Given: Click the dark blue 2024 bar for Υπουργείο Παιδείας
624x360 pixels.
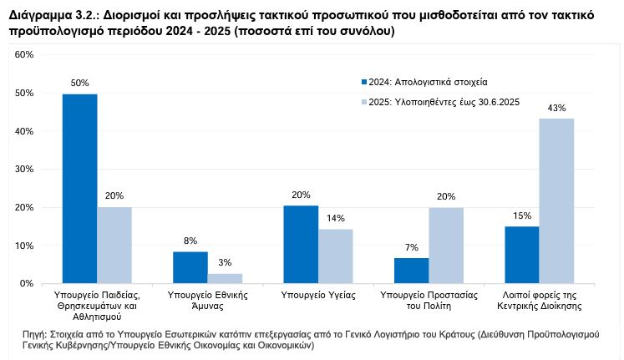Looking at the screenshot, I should pyautogui.click(x=79, y=189).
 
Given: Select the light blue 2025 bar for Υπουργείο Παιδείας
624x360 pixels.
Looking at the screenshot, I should pyautogui.click(x=114, y=246).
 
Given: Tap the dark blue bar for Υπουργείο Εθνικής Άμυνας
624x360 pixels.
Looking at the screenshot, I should pyautogui.click(x=190, y=267).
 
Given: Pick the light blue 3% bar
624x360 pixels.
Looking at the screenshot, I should pyautogui.click(x=225, y=278).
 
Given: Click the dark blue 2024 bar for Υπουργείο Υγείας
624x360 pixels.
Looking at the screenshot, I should pyautogui.click(x=301, y=245).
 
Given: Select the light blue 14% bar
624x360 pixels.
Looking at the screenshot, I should pyautogui.click(x=336, y=256).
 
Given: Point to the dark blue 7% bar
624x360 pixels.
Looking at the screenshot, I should pyautogui.click(x=411, y=271).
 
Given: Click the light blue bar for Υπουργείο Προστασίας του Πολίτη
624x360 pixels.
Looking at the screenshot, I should pyautogui.click(x=446, y=246).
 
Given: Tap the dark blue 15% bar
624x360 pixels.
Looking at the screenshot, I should pyautogui.click(x=521, y=255).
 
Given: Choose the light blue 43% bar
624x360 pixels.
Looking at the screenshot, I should pyautogui.click(x=556, y=201).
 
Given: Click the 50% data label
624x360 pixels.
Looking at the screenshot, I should pyautogui.click(x=79, y=84).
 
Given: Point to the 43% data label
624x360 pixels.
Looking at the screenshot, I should pyautogui.click(x=556, y=108).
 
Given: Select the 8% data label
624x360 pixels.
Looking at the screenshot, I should pyautogui.click(x=190, y=241).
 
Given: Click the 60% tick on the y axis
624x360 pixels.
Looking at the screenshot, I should pyautogui.click(x=23, y=55).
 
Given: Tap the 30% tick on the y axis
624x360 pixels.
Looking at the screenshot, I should pyautogui.click(x=23, y=170).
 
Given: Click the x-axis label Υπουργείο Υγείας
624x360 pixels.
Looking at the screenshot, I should pyautogui.click(x=318, y=295).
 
